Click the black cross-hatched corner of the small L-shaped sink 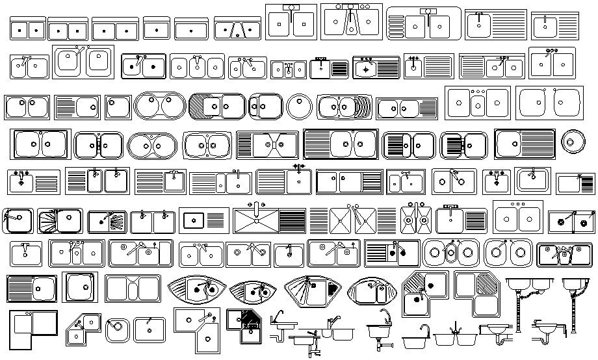pyautogui.click(x=248, y=319)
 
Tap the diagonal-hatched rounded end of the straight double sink pyautogui.click(x=198, y=106)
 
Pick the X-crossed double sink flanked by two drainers pyautogui.click(x=343, y=222)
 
